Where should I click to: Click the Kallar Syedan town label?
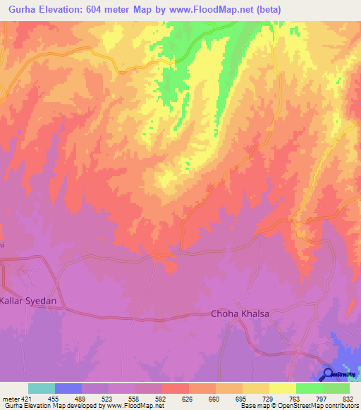point(28,300)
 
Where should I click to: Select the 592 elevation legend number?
point(149,398)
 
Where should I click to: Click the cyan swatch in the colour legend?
point(42,388)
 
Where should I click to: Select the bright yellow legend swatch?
point(283,388)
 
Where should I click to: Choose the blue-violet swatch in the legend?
point(68,388)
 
